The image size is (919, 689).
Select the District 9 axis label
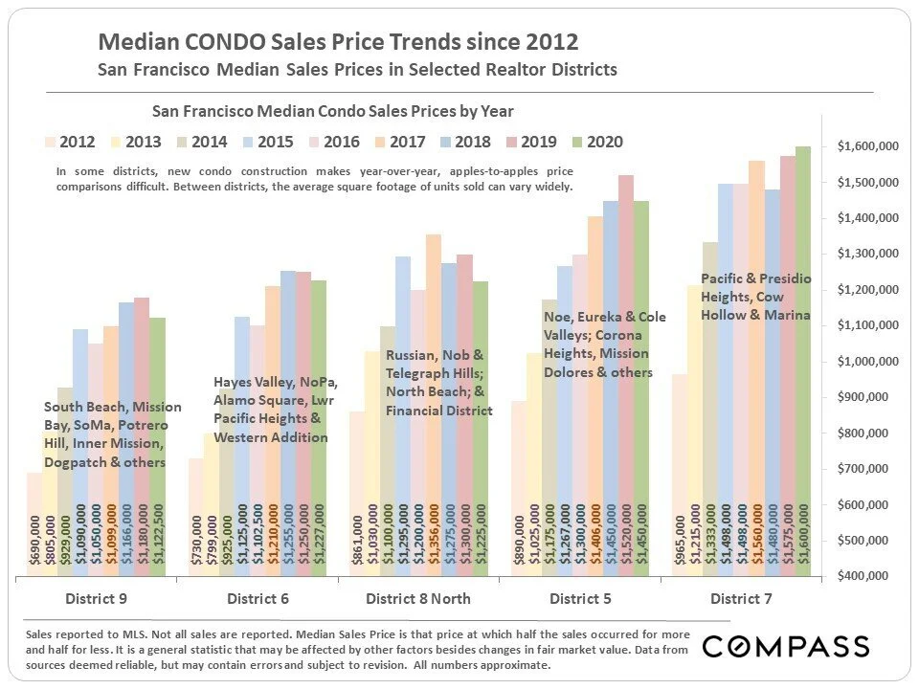tap(96, 599)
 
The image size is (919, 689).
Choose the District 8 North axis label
tap(418, 599)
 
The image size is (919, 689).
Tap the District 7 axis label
tap(742, 599)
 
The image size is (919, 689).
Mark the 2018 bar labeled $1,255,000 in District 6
tap(287, 411)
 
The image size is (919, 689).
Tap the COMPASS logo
tap(785, 647)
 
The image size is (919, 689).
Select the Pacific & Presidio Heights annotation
tap(755, 297)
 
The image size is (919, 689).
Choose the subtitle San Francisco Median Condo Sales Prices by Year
tap(327, 111)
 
